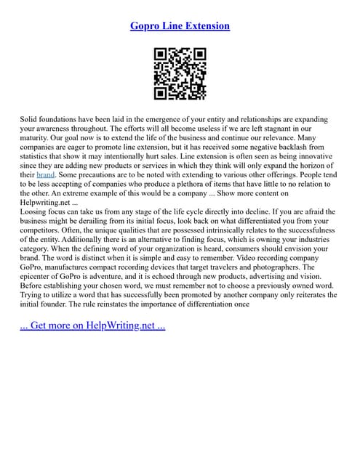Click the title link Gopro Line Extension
(x=180, y=25)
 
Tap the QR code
(x=180, y=73)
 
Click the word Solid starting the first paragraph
(x=31, y=118)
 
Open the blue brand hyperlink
(x=46, y=175)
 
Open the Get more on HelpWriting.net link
(x=92, y=325)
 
